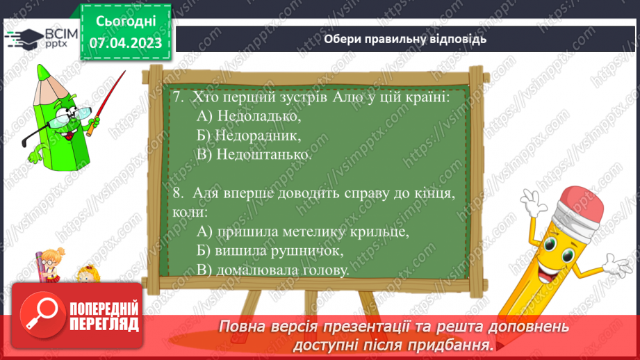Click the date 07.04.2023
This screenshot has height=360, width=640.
point(125,43)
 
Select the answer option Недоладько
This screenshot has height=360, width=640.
point(248,116)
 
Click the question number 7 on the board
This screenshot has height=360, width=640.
point(178,97)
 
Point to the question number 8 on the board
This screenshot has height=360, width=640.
point(177,193)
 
